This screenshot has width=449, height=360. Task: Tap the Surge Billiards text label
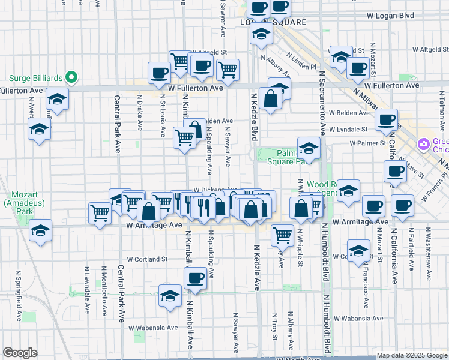click(37, 77)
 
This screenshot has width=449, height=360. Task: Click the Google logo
click(20, 353)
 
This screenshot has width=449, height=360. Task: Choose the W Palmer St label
click(367, 143)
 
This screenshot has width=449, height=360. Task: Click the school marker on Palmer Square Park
click(309, 148)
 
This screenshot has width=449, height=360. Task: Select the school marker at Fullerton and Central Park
click(57, 100)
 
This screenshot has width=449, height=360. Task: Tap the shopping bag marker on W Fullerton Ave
click(271, 98)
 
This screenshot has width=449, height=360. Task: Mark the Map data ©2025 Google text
click(411, 355)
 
